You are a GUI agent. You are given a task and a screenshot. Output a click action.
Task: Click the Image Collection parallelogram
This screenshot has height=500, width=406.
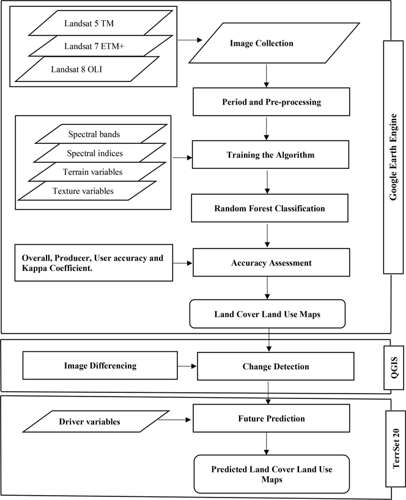[x=261, y=44]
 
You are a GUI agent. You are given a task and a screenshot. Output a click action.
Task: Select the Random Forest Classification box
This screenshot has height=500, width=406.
[x=269, y=209]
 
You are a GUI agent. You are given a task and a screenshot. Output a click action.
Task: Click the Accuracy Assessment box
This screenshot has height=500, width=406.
[x=271, y=263]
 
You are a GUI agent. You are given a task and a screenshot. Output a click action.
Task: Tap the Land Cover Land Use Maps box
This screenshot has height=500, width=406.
[x=267, y=314]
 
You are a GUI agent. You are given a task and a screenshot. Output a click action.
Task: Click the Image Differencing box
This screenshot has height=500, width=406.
[x=100, y=366]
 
